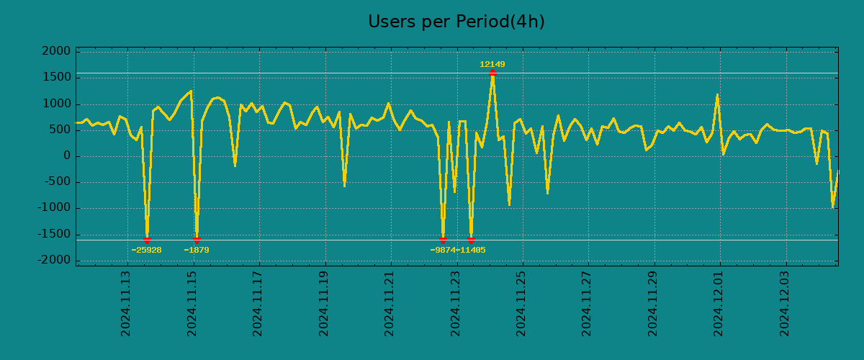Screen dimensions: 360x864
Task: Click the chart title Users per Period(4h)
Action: (x=456, y=22)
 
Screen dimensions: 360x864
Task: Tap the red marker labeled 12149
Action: (x=492, y=73)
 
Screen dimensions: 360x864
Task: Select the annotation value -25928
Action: (x=146, y=251)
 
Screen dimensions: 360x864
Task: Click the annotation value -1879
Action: (x=197, y=251)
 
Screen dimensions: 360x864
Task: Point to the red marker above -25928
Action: (x=147, y=240)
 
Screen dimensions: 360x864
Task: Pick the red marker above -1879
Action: (x=197, y=240)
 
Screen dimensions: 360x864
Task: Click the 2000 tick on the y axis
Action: (x=57, y=52)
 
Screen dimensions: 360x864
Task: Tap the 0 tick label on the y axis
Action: (x=67, y=156)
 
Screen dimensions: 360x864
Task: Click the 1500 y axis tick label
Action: (x=57, y=78)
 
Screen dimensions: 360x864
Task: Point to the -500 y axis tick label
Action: (x=57, y=182)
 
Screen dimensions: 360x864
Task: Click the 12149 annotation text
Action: (x=492, y=65)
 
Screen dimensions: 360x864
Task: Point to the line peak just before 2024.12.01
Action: (x=717, y=95)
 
